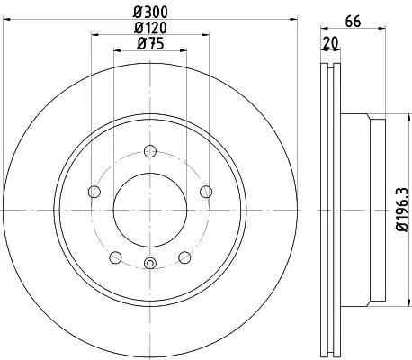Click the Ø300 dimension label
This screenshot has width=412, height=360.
pyautogui.click(x=150, y=13)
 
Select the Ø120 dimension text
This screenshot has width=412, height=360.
pyautogui.click(x=150, y=28)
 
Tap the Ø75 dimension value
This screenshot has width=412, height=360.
pyautogui.click(x=150, y=44)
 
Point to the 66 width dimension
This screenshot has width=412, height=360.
pyautogui.click(x=353, y=22)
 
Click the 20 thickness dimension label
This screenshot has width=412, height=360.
pyautogui.click(x=331, y=44)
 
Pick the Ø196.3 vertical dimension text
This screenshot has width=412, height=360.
pyautogui.click(x=402, y=210)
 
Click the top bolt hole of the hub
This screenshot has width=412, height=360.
pyautogui.click(x=150, y=151)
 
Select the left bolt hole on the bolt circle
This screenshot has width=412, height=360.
pyautogui.click(x=94, y=192)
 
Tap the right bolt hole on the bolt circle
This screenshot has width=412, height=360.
pyautogui.click(x=206, y=192)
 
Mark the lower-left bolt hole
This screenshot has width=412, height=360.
pyautogui.click(x=115, y=257)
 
